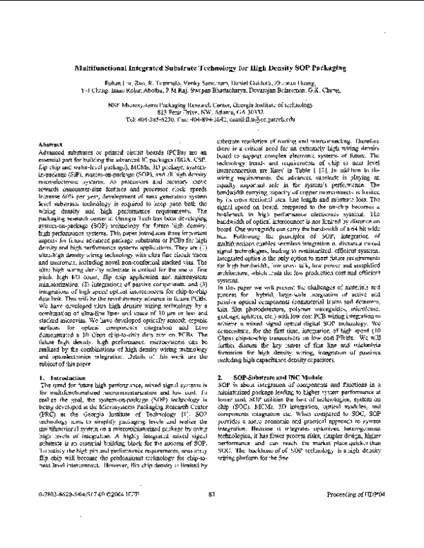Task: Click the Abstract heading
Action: click(47, 144)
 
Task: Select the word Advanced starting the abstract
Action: click(50, 152)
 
